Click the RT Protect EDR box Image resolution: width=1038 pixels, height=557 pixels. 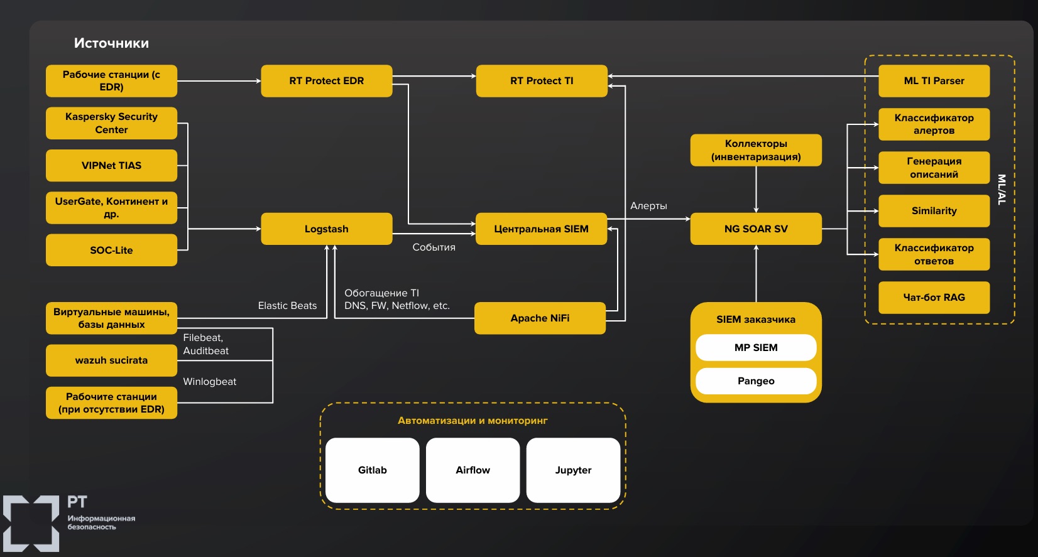[326, 81]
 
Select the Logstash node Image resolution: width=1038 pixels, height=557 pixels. [326, 229]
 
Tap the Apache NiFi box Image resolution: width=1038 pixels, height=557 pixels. [540, 318]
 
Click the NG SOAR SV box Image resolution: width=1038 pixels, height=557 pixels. [755, 229]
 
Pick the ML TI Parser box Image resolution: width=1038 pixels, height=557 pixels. [934, 81]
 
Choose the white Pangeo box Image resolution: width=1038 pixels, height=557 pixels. [756, 381]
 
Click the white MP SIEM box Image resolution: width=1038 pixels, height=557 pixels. [756, 348]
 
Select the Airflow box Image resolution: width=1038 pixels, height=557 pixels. [473, 470]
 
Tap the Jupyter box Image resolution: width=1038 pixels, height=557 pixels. [573, 470]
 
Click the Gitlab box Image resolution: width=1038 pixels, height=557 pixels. [372, 470]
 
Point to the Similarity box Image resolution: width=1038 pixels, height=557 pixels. [934, 211]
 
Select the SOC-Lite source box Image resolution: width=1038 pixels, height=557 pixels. [111, 251]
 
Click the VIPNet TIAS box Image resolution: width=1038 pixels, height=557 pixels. [111, 166]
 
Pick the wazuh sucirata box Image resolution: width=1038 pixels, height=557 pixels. [111, 360]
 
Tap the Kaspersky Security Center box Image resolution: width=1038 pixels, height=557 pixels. [111, 123]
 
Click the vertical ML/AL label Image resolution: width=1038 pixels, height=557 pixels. [1002, 189]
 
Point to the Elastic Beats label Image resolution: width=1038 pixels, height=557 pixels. [287, 306]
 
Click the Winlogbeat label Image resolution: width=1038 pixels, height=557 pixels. [209, 382]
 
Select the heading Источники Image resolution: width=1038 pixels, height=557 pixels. [111, 43]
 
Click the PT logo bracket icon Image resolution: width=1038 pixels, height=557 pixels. [31, 524]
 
